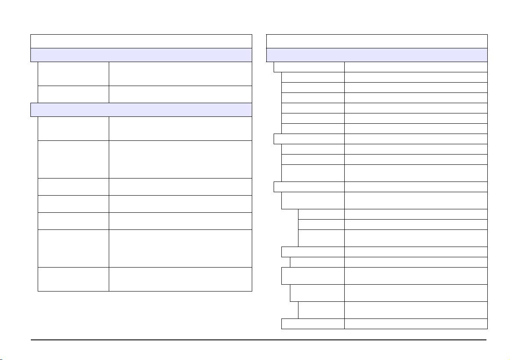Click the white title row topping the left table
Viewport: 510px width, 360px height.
[x=141, y=41]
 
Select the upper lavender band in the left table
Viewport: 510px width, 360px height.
[x=141, y=55]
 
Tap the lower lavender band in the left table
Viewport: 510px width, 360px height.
[x=141, y=110]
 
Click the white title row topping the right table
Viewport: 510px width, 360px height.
[x=377, y=41]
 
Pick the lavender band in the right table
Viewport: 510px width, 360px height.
[x=377, y=55]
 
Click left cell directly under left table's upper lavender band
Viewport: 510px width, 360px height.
[x=73, y=74]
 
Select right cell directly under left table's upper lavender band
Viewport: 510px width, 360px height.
[x=180, y=74]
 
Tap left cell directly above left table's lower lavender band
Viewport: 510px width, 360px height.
[x=73, y=94]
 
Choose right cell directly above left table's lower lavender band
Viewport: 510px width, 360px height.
[x=180, y=94]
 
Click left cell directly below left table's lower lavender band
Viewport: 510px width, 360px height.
[x=73, y=128]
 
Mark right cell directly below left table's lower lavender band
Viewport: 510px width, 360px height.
[x=180, y=128]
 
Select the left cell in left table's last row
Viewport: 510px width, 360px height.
[x=73, y=279]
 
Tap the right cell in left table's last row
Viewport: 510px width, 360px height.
[x=180, y=279]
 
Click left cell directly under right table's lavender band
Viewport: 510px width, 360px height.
[x=309, y=67]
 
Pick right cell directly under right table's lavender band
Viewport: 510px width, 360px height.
[x=416, y=67]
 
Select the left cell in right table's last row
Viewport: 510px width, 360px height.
[x=313, y=324]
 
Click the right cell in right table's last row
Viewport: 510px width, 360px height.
[x=416, y=324]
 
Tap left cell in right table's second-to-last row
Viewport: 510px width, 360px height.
[x=321, y=310]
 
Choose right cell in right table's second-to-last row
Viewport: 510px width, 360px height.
[x=416, y=310]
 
